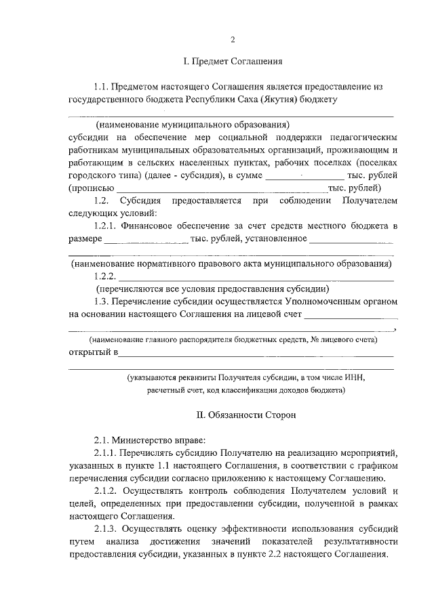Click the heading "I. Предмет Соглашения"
(233, 62)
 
